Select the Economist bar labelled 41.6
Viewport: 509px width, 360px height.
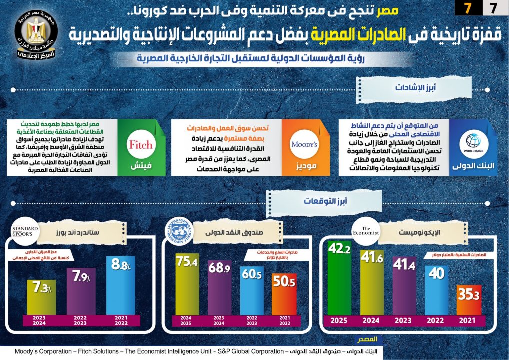[x=372, y=282]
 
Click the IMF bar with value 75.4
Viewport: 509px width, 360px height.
[x=187, y=285]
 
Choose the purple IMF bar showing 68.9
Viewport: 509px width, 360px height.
[x=218, y=287]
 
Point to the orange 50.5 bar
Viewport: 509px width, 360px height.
[x=283, y=295]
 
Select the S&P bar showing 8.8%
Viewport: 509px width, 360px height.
[x=121, y=285]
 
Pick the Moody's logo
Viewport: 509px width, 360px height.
[x=304, y=145]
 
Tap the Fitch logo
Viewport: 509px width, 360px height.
[x=141, y=145]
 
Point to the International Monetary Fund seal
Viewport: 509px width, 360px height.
[x=178, y=232]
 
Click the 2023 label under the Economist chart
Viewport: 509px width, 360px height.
[x=404, y=321]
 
